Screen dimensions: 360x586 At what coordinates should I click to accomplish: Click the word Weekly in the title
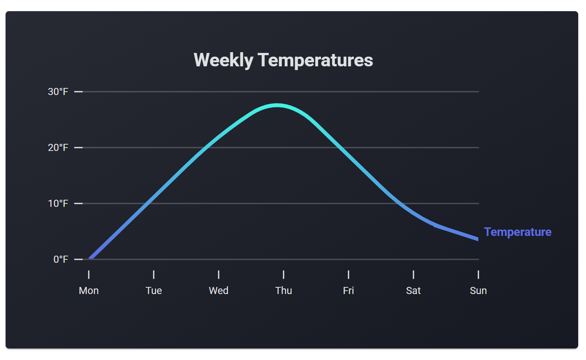click(223, 60)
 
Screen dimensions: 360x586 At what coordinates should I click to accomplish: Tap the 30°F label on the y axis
click(58, 92)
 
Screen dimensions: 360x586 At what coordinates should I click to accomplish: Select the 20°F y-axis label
click(58, 148)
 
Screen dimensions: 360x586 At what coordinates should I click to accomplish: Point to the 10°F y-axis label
click(58, 203)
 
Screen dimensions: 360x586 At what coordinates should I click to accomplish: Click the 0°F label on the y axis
click(61, 259)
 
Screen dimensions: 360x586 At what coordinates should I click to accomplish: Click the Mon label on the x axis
click(89, 291)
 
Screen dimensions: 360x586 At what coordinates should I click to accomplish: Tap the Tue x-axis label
click(153, 291)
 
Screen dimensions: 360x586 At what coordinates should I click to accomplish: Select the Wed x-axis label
click(218, 291)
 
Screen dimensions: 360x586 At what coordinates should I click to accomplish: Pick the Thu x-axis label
click(284, 291)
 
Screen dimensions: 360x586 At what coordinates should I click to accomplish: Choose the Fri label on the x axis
click(348, 291)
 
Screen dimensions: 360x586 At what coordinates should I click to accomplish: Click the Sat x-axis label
click(413, 291)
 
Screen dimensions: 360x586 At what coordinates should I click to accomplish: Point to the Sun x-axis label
click(478, 291)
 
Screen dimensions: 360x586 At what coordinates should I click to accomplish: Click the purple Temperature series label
click(517, 232)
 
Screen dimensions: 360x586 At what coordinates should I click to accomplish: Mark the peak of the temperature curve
click(276, 105)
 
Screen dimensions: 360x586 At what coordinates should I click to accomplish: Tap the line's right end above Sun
click(477, 239)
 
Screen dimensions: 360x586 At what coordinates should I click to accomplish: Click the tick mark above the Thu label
click(284, 275)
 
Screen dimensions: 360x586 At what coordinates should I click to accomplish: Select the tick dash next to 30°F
click(78, 92)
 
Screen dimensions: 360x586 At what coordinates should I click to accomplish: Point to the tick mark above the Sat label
click(413, 275)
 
